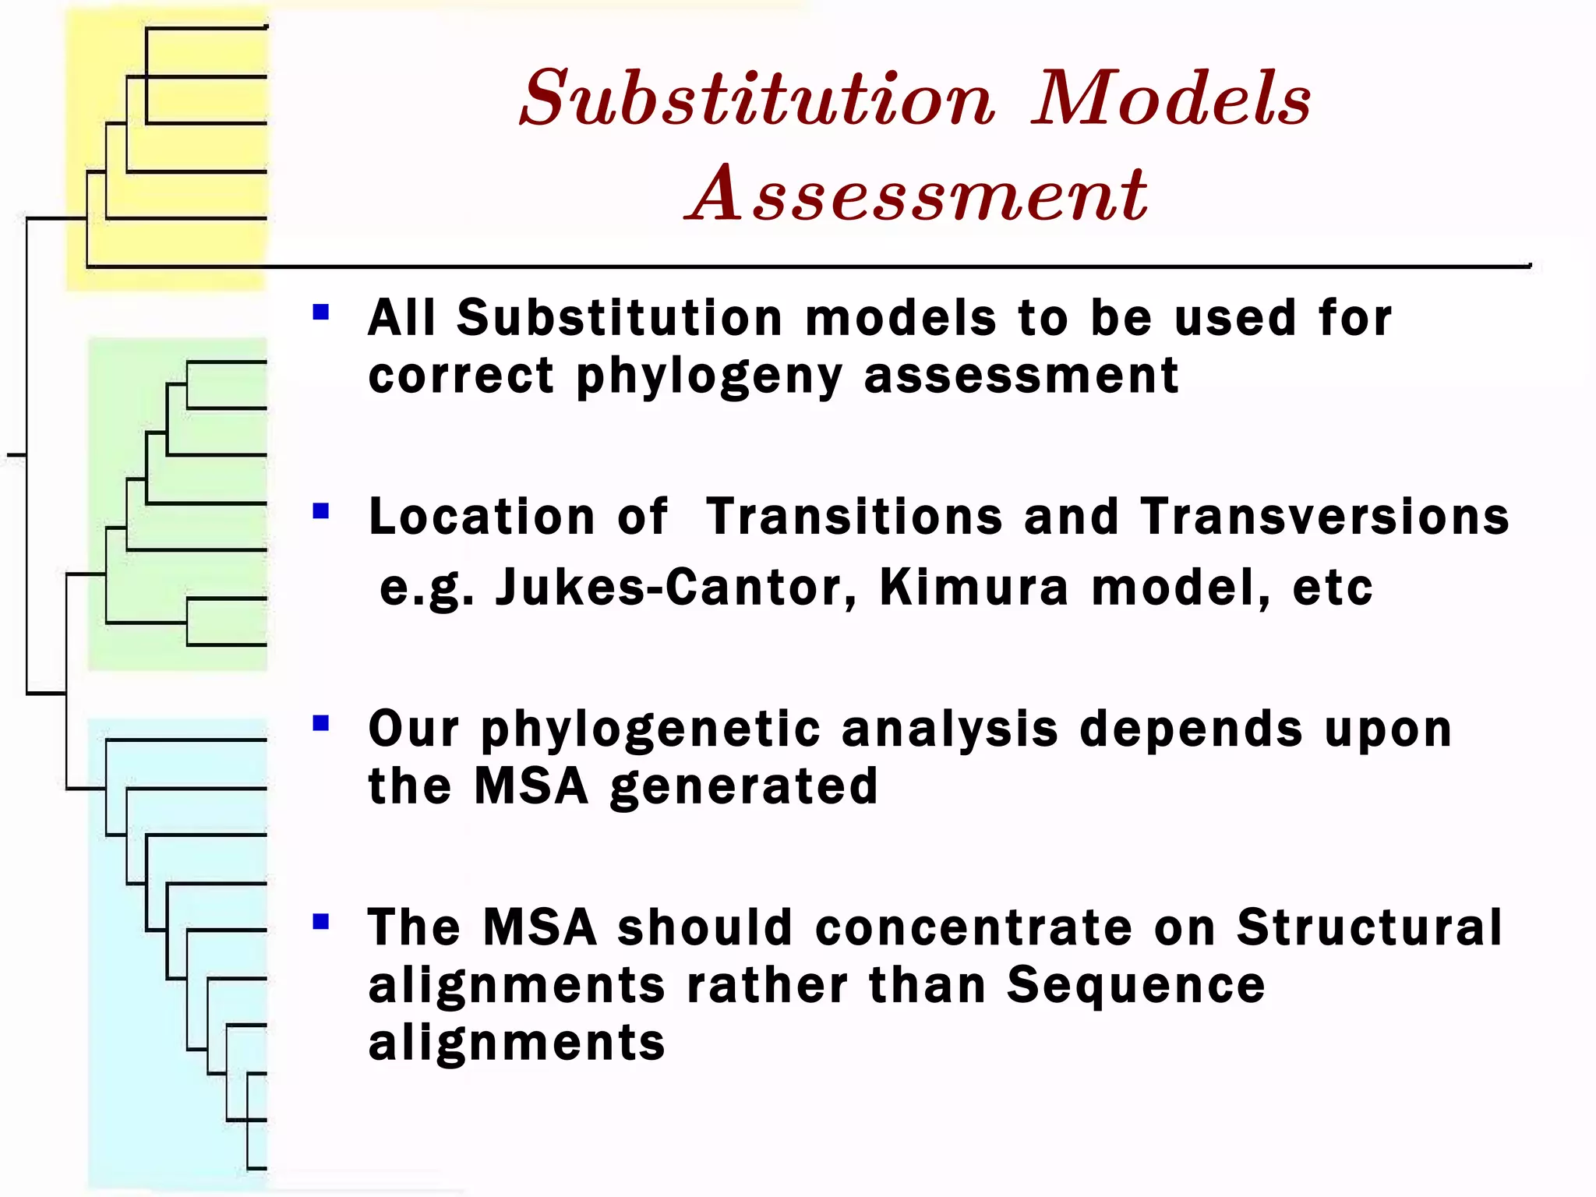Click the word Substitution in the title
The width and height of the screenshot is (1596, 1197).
(757, 99)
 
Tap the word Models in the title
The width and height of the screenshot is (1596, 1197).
(1171, 99)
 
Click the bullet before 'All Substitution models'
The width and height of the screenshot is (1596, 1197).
(320, 312)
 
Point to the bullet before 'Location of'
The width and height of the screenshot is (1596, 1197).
(320, 511)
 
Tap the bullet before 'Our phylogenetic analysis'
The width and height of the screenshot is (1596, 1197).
(320, 724)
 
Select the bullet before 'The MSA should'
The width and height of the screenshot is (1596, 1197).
(320, 922)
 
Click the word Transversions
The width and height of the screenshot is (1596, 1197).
(1325, 517)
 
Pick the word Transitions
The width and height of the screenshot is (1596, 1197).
(854, 517)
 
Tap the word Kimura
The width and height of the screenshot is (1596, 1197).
(974, 587)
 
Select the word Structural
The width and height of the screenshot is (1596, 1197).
(1369, 927)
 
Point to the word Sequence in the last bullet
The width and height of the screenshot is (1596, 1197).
(1135, 986)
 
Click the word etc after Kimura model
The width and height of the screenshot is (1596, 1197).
(1333, 588)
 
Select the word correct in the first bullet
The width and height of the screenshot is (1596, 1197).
(461, 376)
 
